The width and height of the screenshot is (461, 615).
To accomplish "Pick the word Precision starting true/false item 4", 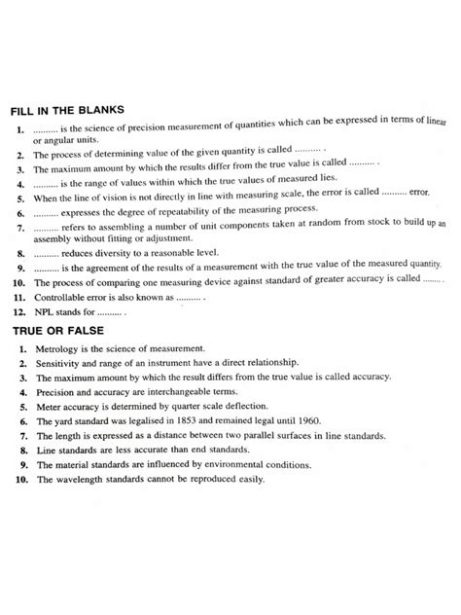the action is point(55,391).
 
